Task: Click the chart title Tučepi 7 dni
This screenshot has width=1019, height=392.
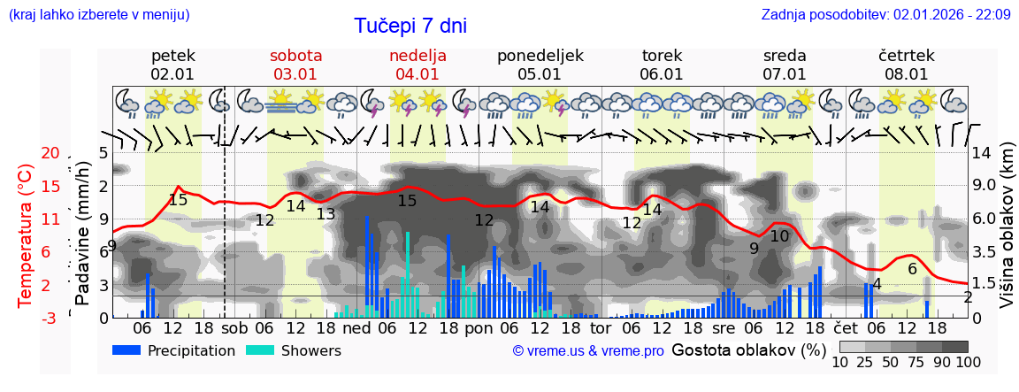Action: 410,27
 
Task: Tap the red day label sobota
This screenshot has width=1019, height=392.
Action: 295,56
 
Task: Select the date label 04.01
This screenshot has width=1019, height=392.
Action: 418,74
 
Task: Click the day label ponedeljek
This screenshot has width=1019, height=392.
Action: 540,56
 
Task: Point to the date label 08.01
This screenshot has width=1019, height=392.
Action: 907,74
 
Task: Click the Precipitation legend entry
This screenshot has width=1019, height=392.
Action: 174,350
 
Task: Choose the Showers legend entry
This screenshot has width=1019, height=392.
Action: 294,350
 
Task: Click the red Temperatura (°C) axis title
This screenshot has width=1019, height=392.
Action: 25,235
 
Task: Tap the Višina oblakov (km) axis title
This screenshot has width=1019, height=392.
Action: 1008,235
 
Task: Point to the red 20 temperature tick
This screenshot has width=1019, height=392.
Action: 50,153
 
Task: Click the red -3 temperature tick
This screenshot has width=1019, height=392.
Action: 50,318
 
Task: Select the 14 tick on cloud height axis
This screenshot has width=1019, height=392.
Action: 984,153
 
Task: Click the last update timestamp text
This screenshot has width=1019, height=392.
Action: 885,14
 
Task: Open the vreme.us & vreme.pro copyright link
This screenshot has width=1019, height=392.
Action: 587,350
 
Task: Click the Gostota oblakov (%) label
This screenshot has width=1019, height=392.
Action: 748,350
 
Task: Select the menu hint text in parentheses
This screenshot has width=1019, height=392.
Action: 98,14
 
